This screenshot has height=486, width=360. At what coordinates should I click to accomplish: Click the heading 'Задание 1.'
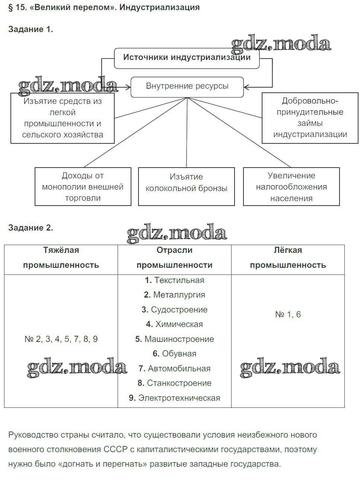31,29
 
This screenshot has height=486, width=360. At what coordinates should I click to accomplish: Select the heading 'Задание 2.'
31,228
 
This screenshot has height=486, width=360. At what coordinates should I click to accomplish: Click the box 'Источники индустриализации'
187,58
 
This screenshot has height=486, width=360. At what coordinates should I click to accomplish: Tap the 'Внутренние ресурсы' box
187,86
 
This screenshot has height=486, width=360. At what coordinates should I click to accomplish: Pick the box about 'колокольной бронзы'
186,186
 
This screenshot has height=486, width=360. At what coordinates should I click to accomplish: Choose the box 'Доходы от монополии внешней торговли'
83,187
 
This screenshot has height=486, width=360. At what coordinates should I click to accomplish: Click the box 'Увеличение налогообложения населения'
291,187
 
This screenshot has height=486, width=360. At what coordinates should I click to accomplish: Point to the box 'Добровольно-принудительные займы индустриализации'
310,118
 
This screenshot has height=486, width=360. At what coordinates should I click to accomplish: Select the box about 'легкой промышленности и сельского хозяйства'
63,118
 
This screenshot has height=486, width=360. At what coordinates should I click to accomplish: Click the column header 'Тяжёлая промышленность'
61,258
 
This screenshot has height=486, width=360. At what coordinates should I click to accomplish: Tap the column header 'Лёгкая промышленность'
287,258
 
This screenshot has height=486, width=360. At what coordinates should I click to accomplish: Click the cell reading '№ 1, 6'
287,315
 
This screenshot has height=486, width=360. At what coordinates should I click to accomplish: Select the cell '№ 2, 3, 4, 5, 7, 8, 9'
61,339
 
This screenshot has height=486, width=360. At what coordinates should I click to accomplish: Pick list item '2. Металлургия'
174,295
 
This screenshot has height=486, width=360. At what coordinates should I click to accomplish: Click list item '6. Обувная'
174,354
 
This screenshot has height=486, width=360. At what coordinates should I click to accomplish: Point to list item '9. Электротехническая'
174,398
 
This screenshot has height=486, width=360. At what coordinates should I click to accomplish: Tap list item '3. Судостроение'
174,310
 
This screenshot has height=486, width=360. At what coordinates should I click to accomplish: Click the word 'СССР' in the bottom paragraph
114,450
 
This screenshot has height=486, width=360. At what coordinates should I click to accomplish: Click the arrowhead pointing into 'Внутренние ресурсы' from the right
247,87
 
